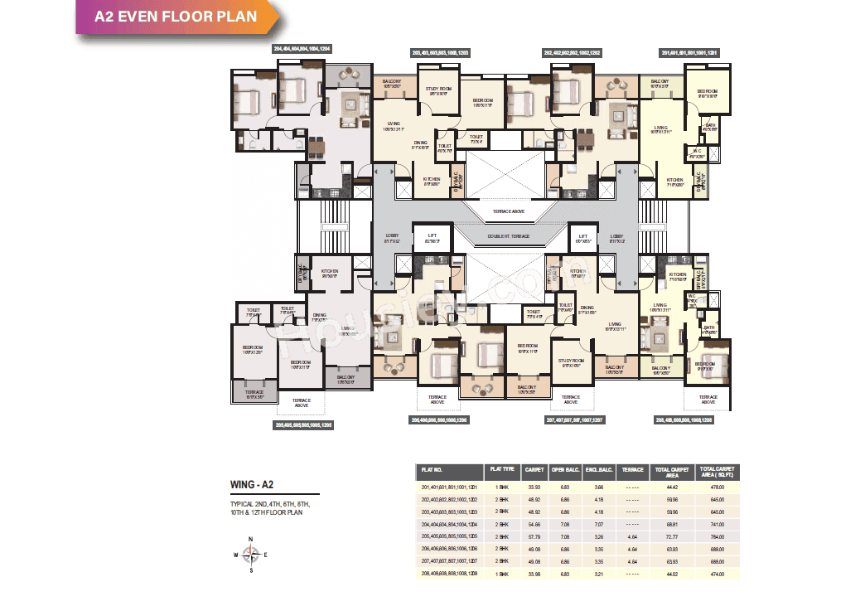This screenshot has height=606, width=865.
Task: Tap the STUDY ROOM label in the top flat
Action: click(438, 90)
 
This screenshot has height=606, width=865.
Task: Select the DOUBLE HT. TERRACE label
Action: click(508, 236)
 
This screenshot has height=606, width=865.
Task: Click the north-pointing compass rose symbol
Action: click(253, 555)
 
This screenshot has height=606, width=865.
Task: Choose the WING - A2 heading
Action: click(253, 485)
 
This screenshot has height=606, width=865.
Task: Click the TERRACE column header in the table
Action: click(633, 470)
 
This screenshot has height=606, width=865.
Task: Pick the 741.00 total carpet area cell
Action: click(716, 525)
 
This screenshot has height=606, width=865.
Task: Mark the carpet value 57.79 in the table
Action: click(533, 537)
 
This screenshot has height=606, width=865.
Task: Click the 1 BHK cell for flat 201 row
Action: click(501, 487)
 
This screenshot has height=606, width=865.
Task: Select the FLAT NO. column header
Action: click(433, 470)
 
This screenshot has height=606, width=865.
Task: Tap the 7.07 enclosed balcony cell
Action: click(599, 525)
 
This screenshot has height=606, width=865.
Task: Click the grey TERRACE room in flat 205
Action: click(254, 393)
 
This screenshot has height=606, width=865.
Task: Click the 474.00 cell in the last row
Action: click(716, 574)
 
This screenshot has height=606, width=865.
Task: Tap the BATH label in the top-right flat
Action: click(708, 127)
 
